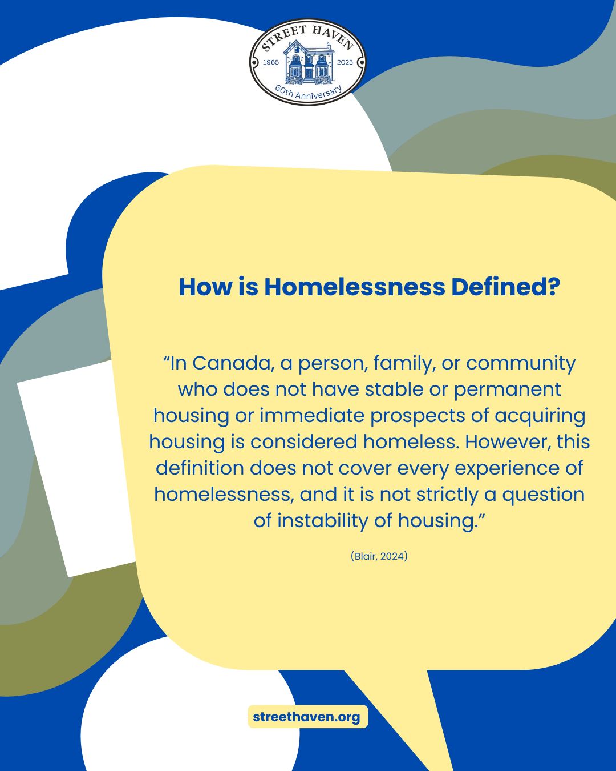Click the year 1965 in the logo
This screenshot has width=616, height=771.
pos(271,62)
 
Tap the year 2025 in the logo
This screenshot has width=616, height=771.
pos(345,62)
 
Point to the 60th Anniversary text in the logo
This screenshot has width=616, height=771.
pos(309,92)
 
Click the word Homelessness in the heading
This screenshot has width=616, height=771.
pos(354,287)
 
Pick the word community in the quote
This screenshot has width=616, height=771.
pos(521,363)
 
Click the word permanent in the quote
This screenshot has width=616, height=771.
pos(507,389)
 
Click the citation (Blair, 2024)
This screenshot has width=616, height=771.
pos(379,556)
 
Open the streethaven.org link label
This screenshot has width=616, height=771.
pos(307,717)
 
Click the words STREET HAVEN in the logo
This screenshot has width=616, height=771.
pos(308,36)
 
